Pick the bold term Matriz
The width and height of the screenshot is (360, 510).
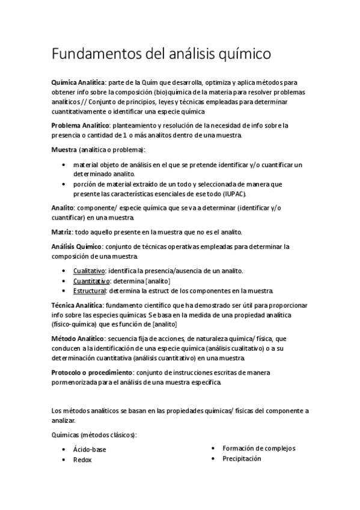coord(61,231)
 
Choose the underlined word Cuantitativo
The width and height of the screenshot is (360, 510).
coord(91,281)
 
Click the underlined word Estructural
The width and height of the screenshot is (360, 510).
coord(90,290)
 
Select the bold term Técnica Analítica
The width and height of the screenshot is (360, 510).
coord(78,306)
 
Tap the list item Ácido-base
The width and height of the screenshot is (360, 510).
coord(90,449)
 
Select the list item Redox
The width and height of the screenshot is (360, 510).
coord(82,459)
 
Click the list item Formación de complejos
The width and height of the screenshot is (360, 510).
coord(258,448)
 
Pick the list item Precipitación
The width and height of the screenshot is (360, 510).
coord(242,458)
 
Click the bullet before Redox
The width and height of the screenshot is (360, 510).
coord(64,460)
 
